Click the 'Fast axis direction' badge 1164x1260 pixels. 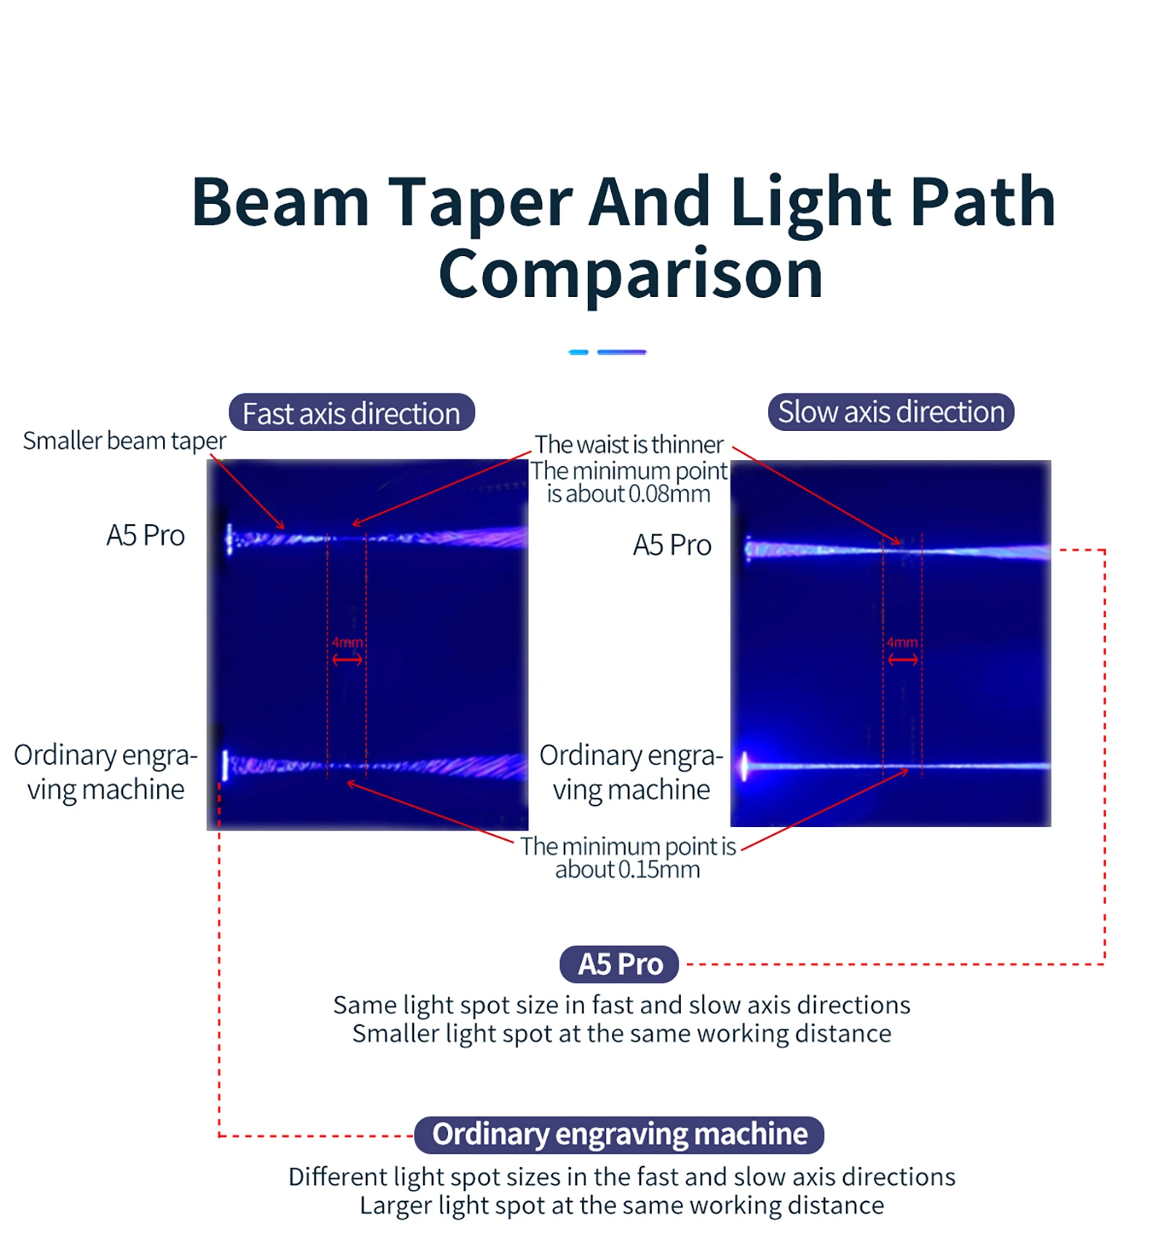(x=351, y=413)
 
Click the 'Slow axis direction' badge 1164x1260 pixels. (x=890, y=412)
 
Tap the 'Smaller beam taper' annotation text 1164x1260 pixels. (x=124, y=441)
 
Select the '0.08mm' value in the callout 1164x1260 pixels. (x=669, y=494)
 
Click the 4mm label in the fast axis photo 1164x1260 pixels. (x=347, y=643)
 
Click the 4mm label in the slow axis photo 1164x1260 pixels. (x=902, y=643)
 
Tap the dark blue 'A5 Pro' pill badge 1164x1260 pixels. (x=619, y=964)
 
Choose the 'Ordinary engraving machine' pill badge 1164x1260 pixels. (x=619, y=1135)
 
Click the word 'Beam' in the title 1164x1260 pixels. (x=280, y=202)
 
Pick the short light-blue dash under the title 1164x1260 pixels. (x=578, y=352)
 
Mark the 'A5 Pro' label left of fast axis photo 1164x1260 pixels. (x=145, y=536)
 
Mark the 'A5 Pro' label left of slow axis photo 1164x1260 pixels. (x=671, y=545)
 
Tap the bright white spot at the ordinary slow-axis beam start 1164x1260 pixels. (x=744, y=766)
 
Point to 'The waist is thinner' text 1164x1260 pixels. (x=629, y=445)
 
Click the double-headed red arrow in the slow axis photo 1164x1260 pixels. (x=903, y=659)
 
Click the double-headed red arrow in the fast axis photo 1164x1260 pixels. (x=347, y=659)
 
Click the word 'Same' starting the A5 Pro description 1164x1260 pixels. (x=364, y=1005)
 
